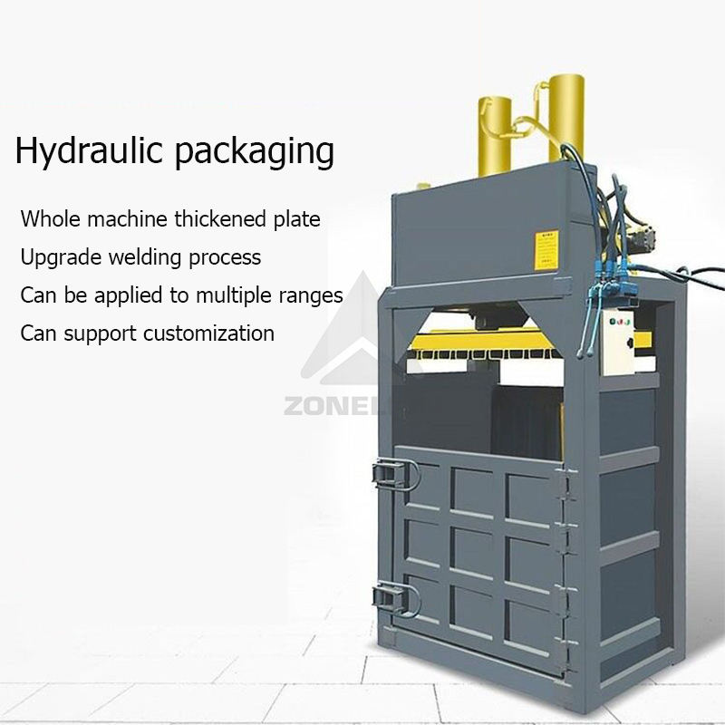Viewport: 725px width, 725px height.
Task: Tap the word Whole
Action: pos(49,218)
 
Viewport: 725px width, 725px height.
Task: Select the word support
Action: pos(98,334)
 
